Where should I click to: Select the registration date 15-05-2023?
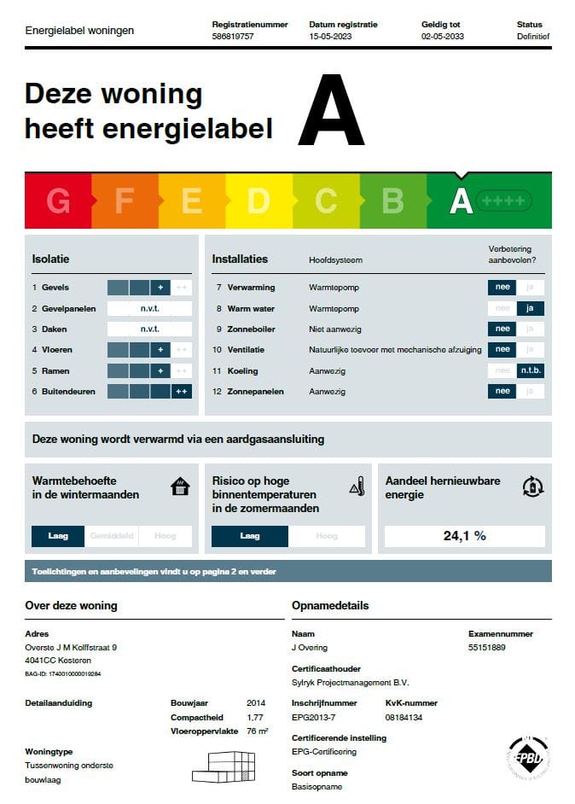click(329, 37)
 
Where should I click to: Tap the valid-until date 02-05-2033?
click(441, 37)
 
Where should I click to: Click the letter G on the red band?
click(58, 201)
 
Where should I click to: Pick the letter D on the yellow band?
click(258, 201)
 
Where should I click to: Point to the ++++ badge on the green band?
click(503, 201)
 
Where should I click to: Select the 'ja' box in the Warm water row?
click(530, 308)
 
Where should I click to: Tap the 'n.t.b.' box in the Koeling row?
click(530, 371)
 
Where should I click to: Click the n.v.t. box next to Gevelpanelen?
click(149, 308)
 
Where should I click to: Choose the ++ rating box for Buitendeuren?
click(181, 392)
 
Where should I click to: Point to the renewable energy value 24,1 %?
click(465, 536)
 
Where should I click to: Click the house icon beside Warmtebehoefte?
click(180, 487)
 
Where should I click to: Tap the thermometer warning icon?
click(357, 487)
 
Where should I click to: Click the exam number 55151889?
click(487, 648)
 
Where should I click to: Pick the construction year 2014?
click(256, 703)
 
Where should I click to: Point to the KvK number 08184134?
click(404, 718)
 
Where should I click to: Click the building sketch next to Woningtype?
click(224, 766)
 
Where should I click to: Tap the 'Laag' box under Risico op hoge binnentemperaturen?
click(250, 536)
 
